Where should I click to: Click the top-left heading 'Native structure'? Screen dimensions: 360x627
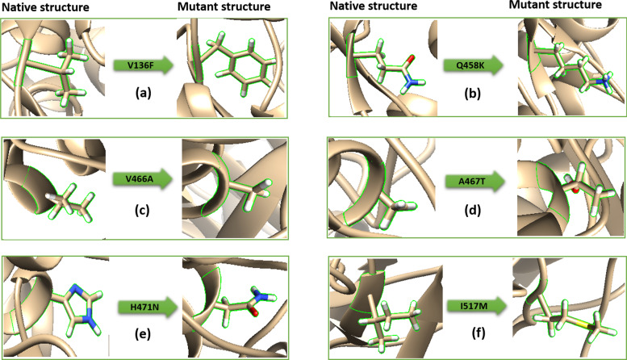(36, 8)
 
